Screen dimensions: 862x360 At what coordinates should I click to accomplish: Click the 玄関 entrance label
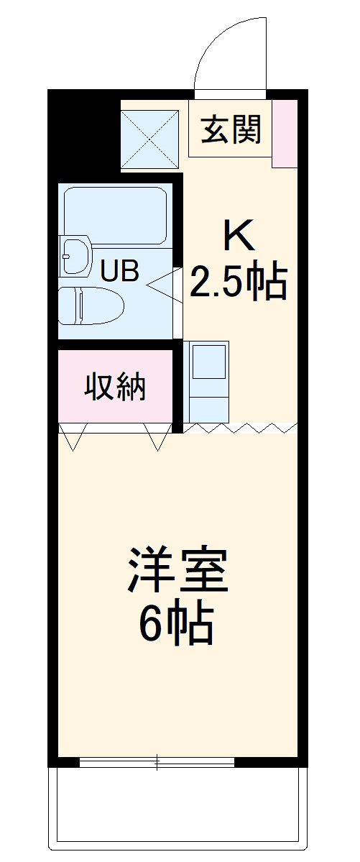click(231, 130)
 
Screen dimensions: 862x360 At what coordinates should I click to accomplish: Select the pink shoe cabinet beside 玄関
click(285, 133)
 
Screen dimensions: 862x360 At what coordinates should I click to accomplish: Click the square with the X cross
click(149, 139)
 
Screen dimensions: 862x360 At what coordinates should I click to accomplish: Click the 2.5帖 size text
click(238, 283)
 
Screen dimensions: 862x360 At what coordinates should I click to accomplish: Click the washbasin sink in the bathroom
click(75, 255)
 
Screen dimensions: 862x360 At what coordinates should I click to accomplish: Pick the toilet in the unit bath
click(90, 306)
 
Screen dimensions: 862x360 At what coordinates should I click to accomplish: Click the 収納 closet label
click(115, 387)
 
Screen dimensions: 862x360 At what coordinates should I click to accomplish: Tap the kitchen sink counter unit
click(207, 381)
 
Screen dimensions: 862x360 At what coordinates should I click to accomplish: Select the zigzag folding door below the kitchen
click(240, 428)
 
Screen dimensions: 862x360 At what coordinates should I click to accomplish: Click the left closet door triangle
click(73, 436)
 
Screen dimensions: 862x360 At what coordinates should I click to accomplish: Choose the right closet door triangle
click(157, 436)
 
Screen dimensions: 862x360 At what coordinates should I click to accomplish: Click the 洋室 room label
click(178, 572)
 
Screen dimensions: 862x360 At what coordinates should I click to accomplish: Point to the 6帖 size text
click(176, 624)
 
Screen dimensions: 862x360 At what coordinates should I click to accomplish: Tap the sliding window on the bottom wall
click(157, 763)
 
